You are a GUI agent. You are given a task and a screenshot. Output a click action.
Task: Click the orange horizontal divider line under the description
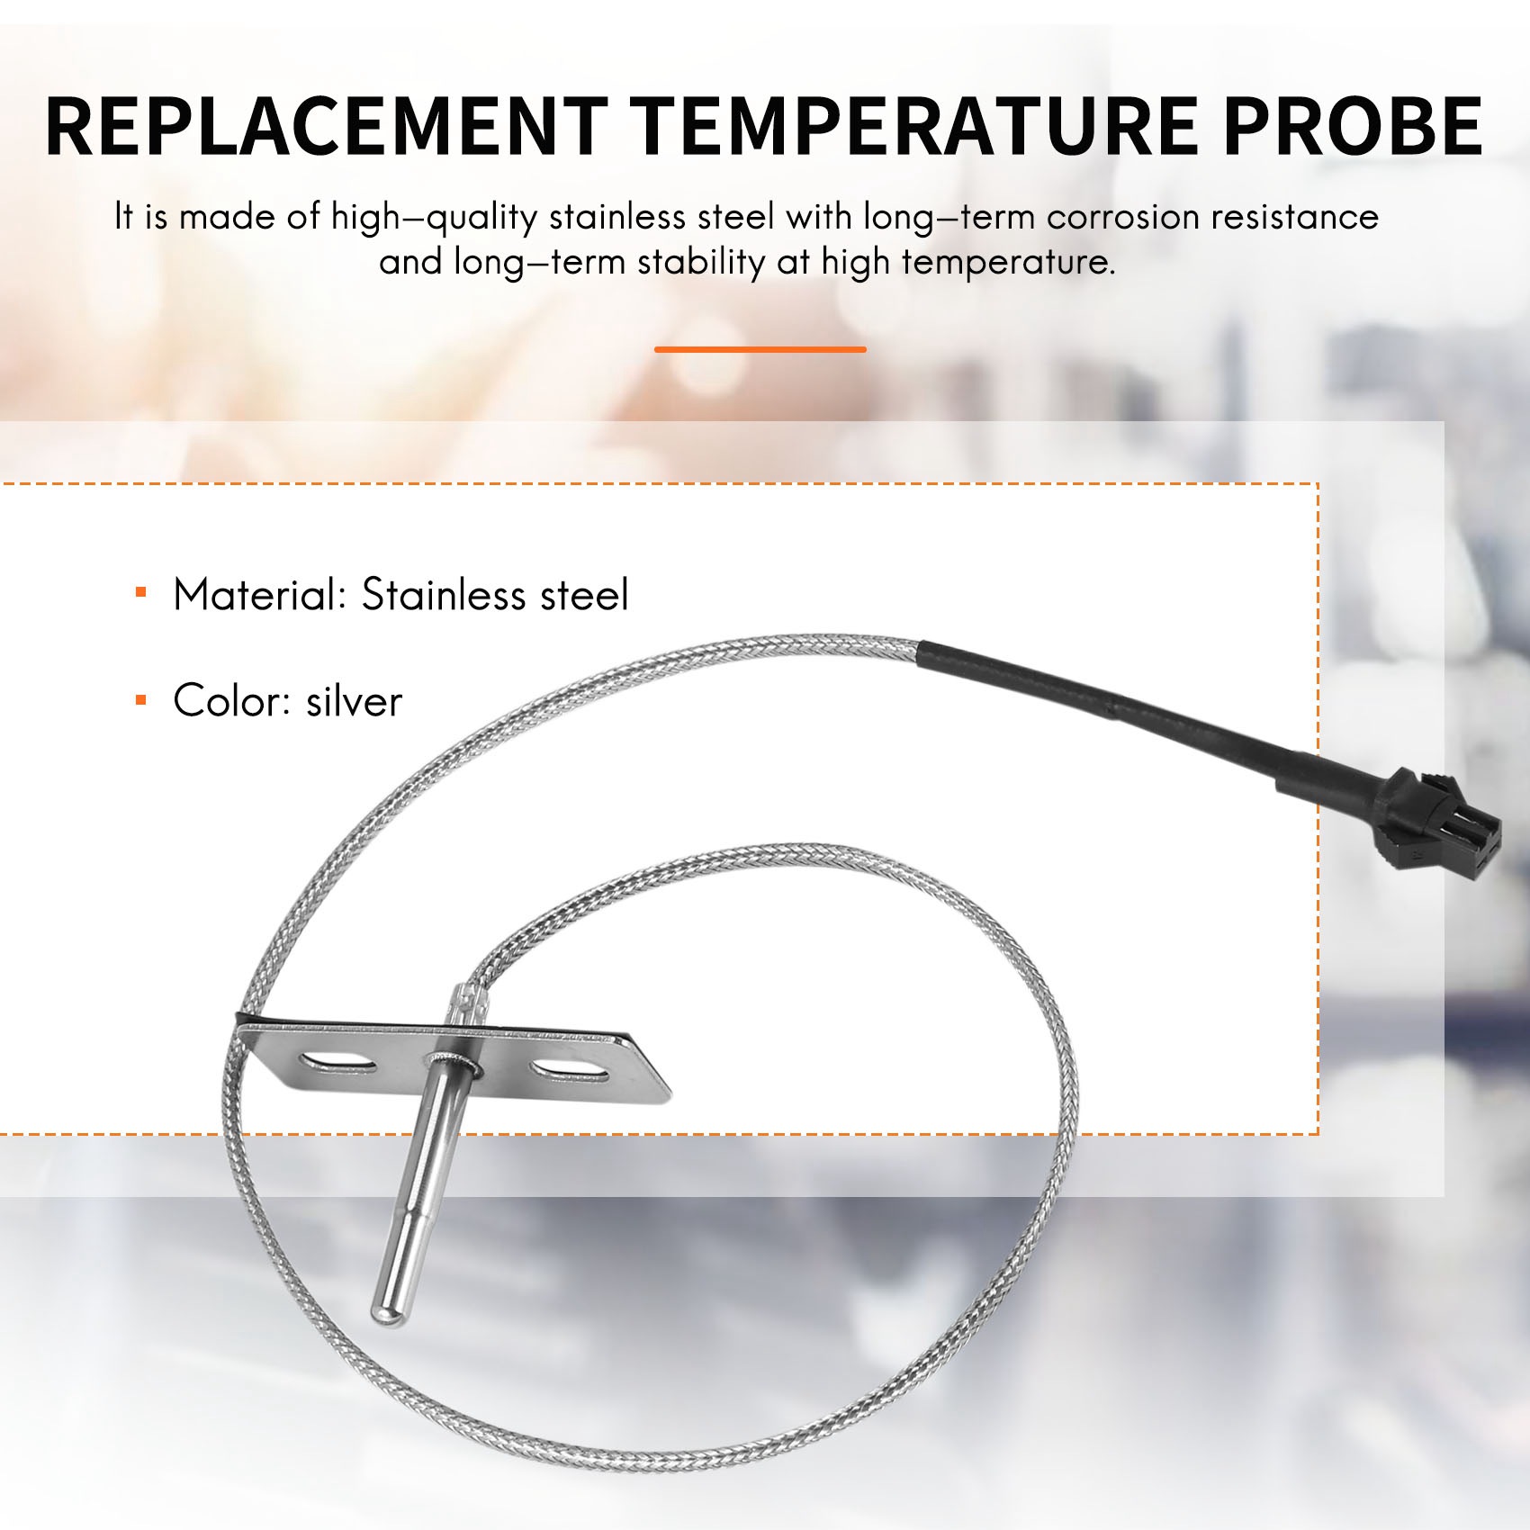tap(760, 349)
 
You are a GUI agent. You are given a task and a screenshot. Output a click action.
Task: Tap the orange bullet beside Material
tap(140, 592)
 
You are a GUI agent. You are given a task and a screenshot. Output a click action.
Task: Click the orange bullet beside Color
tap(140, 698)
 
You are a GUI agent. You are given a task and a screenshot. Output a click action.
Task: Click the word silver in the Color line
tap(354, 701)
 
